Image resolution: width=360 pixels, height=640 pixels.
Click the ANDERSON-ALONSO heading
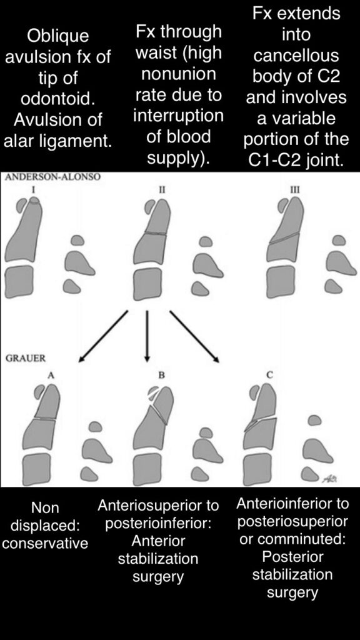(x=52, y=177)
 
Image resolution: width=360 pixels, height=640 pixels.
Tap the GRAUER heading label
(x=25, y=358)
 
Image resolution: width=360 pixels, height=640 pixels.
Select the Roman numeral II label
(x=162, y=189)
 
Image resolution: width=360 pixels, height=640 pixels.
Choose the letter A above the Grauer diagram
(x=51, y=376)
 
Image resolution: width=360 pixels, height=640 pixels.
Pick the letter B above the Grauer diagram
(x=162, y=376)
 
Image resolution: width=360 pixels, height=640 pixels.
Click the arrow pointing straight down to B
(x=147, y=336)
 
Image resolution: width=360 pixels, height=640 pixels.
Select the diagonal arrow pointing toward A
(x=103, y=336)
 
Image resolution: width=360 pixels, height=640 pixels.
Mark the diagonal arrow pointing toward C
(x=194, y=336)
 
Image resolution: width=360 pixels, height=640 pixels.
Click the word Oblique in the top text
(x=57, y=36)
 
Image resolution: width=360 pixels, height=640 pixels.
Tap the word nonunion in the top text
(x=178, y=74)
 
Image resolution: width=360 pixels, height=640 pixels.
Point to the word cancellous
(x=296, y=56)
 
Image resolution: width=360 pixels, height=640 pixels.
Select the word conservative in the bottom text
(x=45, y=543)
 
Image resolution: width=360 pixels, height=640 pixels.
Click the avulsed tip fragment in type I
(x=35, y=200)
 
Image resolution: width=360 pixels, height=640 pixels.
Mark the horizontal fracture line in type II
(x=156, y=234)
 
